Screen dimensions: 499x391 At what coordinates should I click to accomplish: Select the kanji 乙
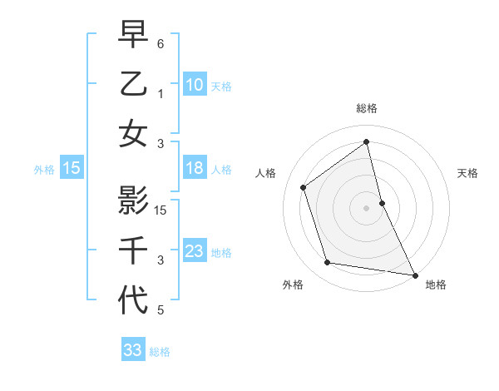click(x=134, y=84)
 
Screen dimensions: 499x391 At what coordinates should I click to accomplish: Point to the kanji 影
click(x=134, y=200)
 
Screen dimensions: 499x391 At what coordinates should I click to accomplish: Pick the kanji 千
click(x=134, y=250)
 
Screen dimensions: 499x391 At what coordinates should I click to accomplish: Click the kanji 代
click(x=134, y=300)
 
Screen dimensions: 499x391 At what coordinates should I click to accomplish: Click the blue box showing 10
click(x=194, y=85)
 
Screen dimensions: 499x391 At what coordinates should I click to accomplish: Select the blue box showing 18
click(x=194, y=169)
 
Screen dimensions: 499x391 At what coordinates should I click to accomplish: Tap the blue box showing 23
click(x=194, y=251)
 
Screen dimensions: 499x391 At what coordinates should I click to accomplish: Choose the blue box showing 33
click(x=132, y=350)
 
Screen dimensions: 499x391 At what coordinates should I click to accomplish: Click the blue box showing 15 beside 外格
click(x=72, y=169)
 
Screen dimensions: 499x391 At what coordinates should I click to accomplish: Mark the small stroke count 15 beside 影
click(x=161, y=210)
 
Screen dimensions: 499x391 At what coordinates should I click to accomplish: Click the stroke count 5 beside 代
click(x=161, y=311)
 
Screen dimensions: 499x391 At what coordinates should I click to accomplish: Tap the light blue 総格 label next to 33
click(x=160, y=352)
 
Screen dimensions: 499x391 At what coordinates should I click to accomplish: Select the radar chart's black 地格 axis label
click(x=436, y=285)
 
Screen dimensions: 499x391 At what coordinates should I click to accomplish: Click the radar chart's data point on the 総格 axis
click(x=366, y=142)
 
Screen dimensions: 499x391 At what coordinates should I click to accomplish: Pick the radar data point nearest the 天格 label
click(x=382, y=202)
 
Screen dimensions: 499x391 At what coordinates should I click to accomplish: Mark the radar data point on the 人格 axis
click(x=304, y=187)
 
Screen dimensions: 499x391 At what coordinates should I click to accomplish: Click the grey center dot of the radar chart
click(x=366, y=207)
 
